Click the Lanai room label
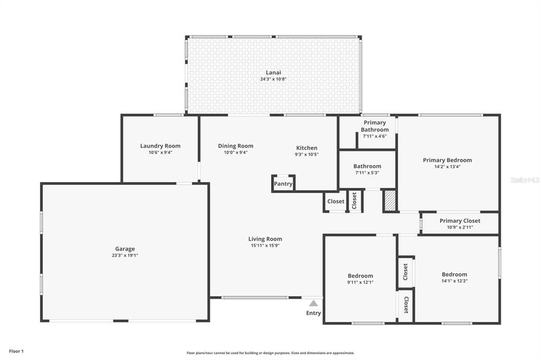click(x=273, y=72)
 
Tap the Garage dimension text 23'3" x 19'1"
click(x=125, y=255)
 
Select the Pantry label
click(x=283, y=184)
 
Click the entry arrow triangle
click(x=313, y=303)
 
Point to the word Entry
click(x=313, y=313)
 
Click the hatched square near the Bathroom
click(x=390, y=201)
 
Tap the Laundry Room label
click(x=160, y=146)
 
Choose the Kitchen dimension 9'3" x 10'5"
click(x=306, y=155)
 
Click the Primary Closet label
click(x=460, y=221)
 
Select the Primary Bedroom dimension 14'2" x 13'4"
click(x=447, y=167)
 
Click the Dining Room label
click(x=236, y=146)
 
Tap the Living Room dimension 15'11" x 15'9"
click(x=265, y=245)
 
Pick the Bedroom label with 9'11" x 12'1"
click(x=360, y=276)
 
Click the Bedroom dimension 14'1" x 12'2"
click(x=454, y=281)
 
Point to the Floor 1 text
click(x=16, y=351)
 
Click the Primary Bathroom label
click(x=375, y=126)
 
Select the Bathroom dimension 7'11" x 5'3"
click(x=367, y=173)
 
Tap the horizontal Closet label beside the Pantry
click(x=335, y=201)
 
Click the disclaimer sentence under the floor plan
click(x=270, y=353)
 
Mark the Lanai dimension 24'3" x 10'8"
click(x=273, y=79)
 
